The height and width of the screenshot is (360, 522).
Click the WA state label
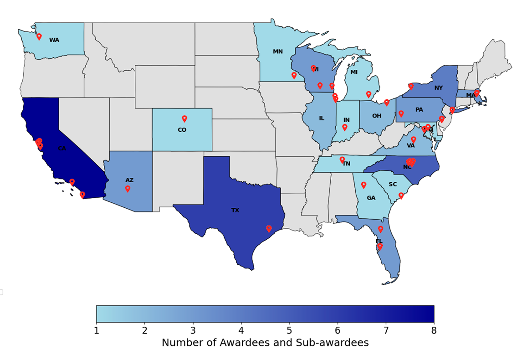[x=54, y=40]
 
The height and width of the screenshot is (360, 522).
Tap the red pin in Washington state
[x=39, y=36]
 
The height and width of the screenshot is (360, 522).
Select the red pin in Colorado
[x=184, y=118]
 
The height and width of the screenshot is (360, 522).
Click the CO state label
[x=182, y=130]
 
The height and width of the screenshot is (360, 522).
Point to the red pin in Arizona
[x=128, y=188]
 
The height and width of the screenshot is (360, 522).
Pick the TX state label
[x=235, y=211]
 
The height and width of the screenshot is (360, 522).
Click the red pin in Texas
[x=269, y=228]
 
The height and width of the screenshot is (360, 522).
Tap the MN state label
[x=278, y=51]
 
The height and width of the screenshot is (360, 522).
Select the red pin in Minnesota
[x=294, y=75]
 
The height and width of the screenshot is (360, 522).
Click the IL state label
[x=322, y=118]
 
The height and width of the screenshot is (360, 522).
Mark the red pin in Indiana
[x=345, y=127]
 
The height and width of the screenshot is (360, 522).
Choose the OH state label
[x=377, y=116]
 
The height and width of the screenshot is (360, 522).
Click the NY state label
[x=439, y=88]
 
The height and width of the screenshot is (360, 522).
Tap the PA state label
[x=419, y=110]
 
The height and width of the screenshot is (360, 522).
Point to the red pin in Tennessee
[x=342, y=159]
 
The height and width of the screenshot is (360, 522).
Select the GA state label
[x=371, y=198]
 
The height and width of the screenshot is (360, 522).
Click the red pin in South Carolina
[x=401, y=195]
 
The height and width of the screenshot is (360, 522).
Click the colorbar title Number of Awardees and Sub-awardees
[x=265, y=343]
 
